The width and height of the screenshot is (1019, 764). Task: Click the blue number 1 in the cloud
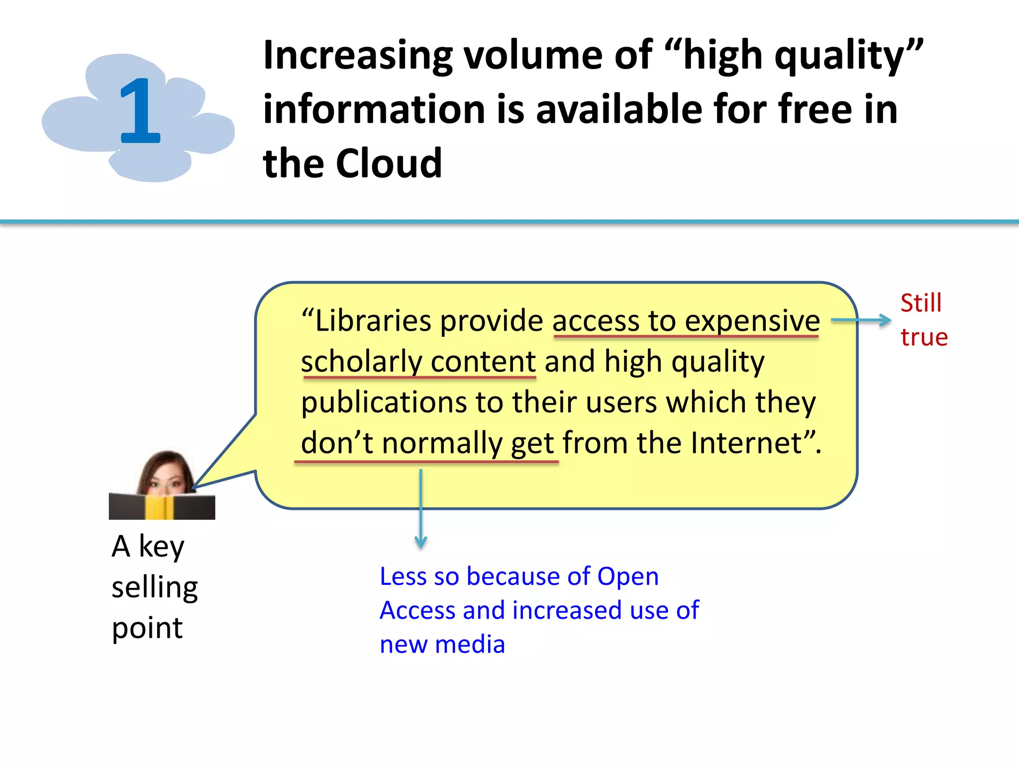[140, 110]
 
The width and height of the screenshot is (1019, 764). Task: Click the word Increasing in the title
[358, 56]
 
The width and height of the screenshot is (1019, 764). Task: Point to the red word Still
[921, 303]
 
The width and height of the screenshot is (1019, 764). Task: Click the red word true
[924, 337]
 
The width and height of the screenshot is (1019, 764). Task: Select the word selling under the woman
[155, 587]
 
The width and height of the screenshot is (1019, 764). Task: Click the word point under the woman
[147, 628]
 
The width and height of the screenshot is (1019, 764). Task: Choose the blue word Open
[627, 576]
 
